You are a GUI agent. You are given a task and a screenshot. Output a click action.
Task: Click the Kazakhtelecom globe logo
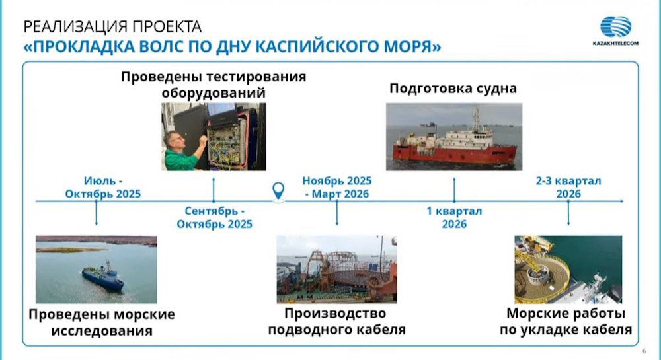(615, 26)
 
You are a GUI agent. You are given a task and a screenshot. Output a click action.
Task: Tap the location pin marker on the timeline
(278, 192)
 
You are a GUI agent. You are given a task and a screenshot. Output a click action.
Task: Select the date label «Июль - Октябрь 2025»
(103, 188)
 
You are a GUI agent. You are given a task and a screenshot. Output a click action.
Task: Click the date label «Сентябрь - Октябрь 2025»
(215, 217)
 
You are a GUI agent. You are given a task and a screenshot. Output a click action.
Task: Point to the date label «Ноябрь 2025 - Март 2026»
(337, 188)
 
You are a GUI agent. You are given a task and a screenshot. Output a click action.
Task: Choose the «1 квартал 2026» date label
(454, 217)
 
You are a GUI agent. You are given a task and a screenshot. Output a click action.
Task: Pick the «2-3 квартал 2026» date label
(568, 188)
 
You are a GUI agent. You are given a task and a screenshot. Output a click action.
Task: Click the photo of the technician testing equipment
(214, 137)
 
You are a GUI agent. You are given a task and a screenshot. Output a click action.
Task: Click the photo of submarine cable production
(336, 270)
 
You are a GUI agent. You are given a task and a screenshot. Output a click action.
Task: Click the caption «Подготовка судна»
(453, 89)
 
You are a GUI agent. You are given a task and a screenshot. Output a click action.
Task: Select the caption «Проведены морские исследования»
(102, 322)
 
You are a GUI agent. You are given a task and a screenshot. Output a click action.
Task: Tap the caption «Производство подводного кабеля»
(336, 321)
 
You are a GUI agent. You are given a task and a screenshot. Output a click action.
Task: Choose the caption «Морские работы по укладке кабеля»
(566, 321)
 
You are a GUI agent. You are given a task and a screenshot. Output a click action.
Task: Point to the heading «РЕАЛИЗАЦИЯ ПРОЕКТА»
(112, 26)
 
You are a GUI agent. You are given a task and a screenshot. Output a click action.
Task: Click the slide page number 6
(644, 351)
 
